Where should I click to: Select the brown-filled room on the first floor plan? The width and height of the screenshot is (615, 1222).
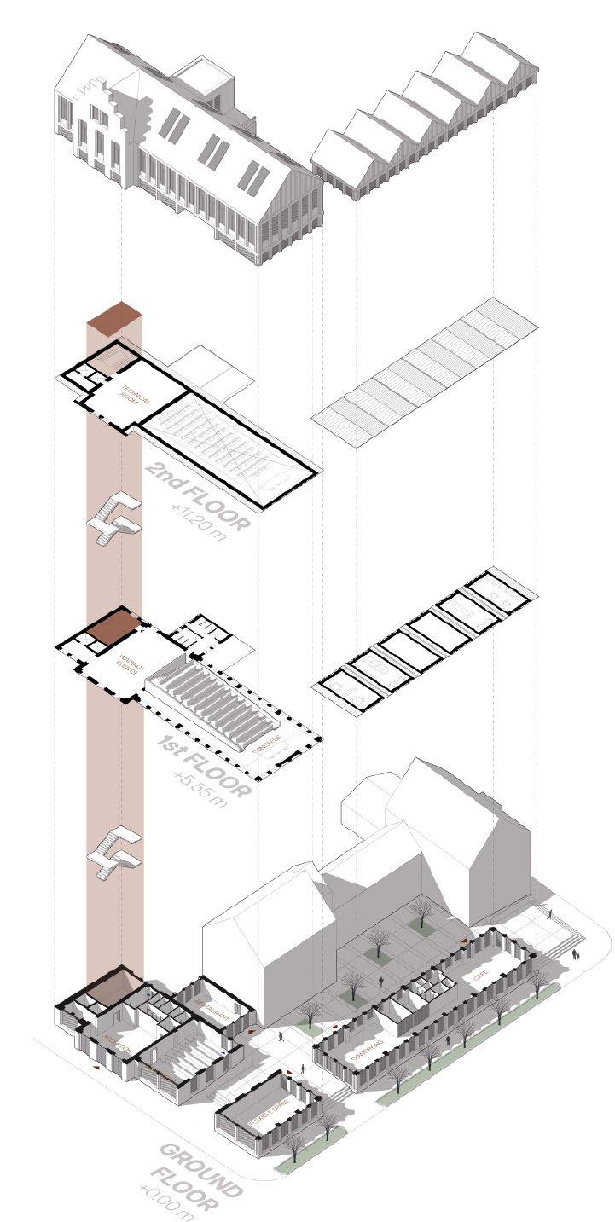[112, 628]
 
